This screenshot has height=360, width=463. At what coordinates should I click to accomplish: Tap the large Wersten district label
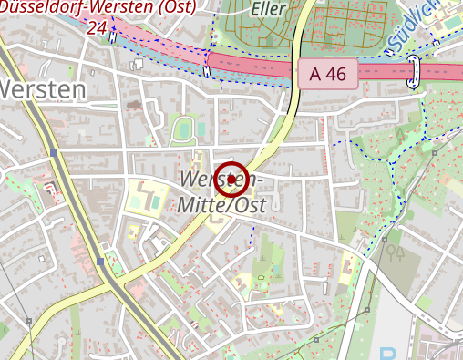point(43,89)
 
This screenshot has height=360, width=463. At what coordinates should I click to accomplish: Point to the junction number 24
point(98,27)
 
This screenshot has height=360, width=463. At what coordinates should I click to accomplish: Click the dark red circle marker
point(234,178)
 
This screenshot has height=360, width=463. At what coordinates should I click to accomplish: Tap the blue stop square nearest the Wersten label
point(56,153)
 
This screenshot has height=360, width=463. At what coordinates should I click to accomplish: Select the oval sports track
point(184,129)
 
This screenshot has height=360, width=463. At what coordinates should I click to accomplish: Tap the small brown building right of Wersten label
point(135,105)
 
